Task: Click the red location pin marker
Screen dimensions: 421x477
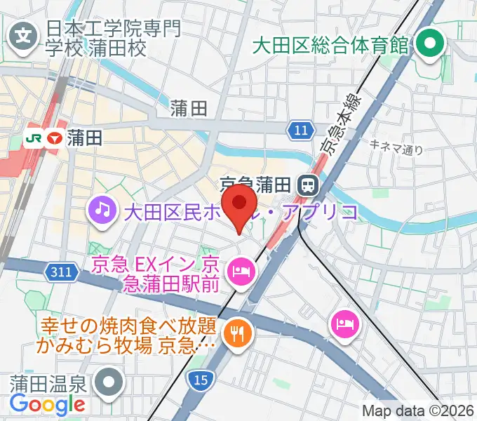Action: (x=242, y=204)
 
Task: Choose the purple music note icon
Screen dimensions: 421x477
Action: (x=102, y=208)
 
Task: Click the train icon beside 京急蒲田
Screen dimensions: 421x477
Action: (x=307, y=185)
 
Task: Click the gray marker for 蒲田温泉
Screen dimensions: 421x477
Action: (x=111, y=384)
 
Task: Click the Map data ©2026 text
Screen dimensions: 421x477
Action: (x=418, y=410)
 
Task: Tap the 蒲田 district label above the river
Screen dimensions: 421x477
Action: (x=189, y=107)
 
